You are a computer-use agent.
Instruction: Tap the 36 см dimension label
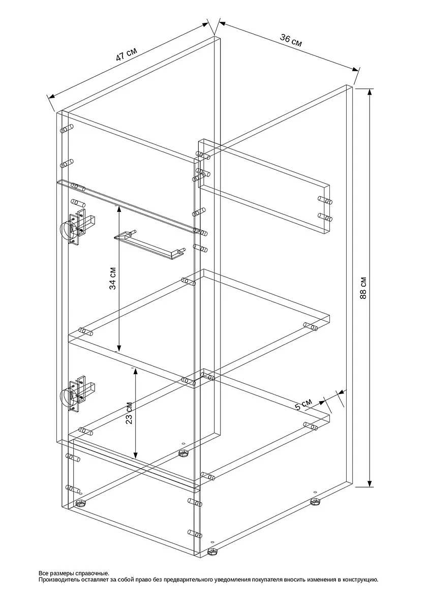pos(291,40)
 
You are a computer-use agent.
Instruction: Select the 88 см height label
pos(363,288)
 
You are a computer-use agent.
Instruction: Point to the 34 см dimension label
pos(113,279)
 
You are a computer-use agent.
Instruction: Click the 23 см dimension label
pos(129,413)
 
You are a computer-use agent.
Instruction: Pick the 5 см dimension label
pos(303,405)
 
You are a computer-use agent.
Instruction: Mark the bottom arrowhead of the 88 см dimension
pos(370,482)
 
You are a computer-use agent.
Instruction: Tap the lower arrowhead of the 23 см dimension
pos(135,454)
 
